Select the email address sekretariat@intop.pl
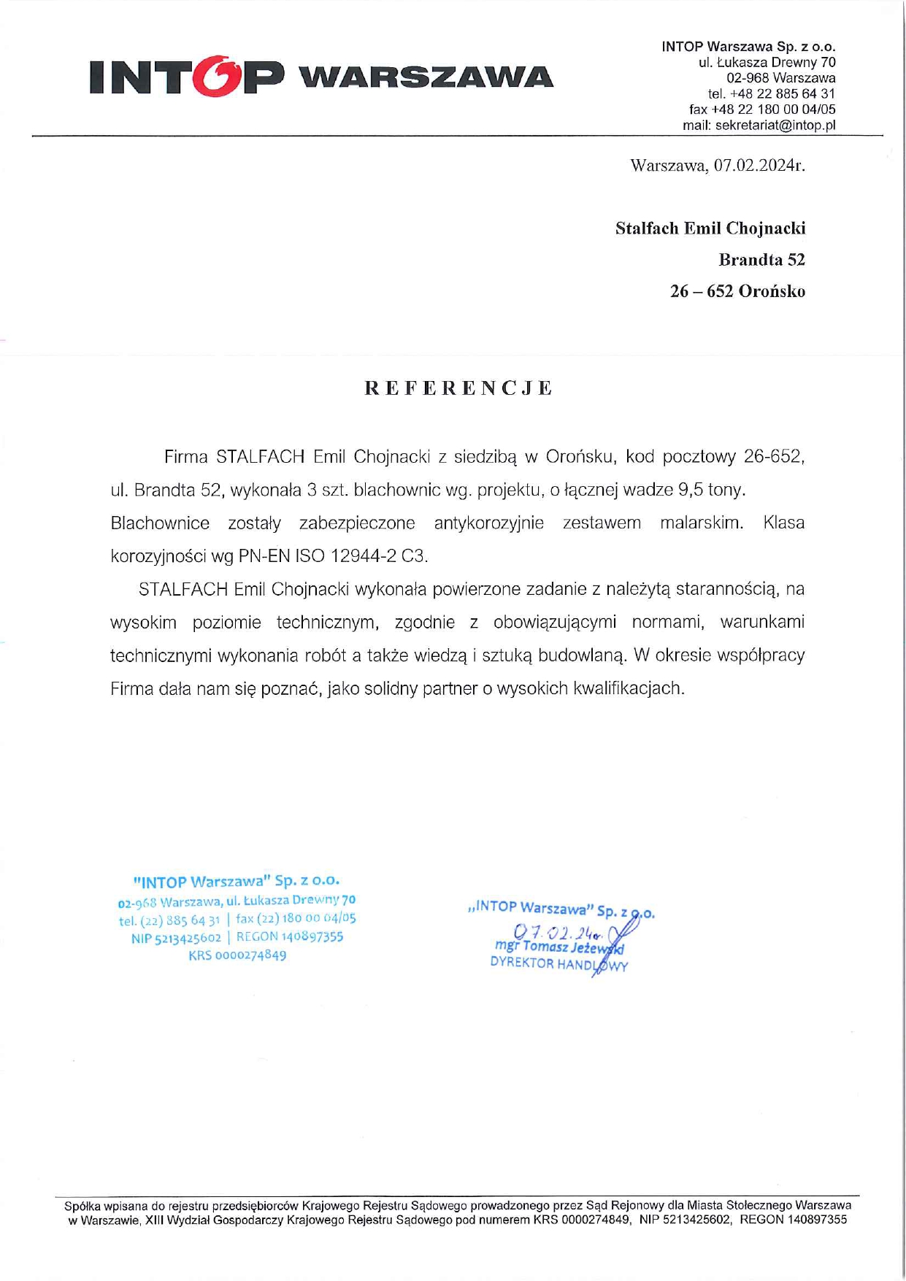775,125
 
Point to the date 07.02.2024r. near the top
759,166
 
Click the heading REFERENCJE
458,388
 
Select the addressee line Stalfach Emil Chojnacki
710,228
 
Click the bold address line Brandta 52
761,260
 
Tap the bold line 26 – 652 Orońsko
737,291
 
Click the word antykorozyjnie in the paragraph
488,523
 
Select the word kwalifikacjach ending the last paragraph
627,688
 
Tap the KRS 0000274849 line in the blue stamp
237,955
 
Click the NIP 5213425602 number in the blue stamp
176,937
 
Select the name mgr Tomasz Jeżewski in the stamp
558,947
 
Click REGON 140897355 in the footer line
794,1219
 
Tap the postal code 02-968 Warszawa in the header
780,78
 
